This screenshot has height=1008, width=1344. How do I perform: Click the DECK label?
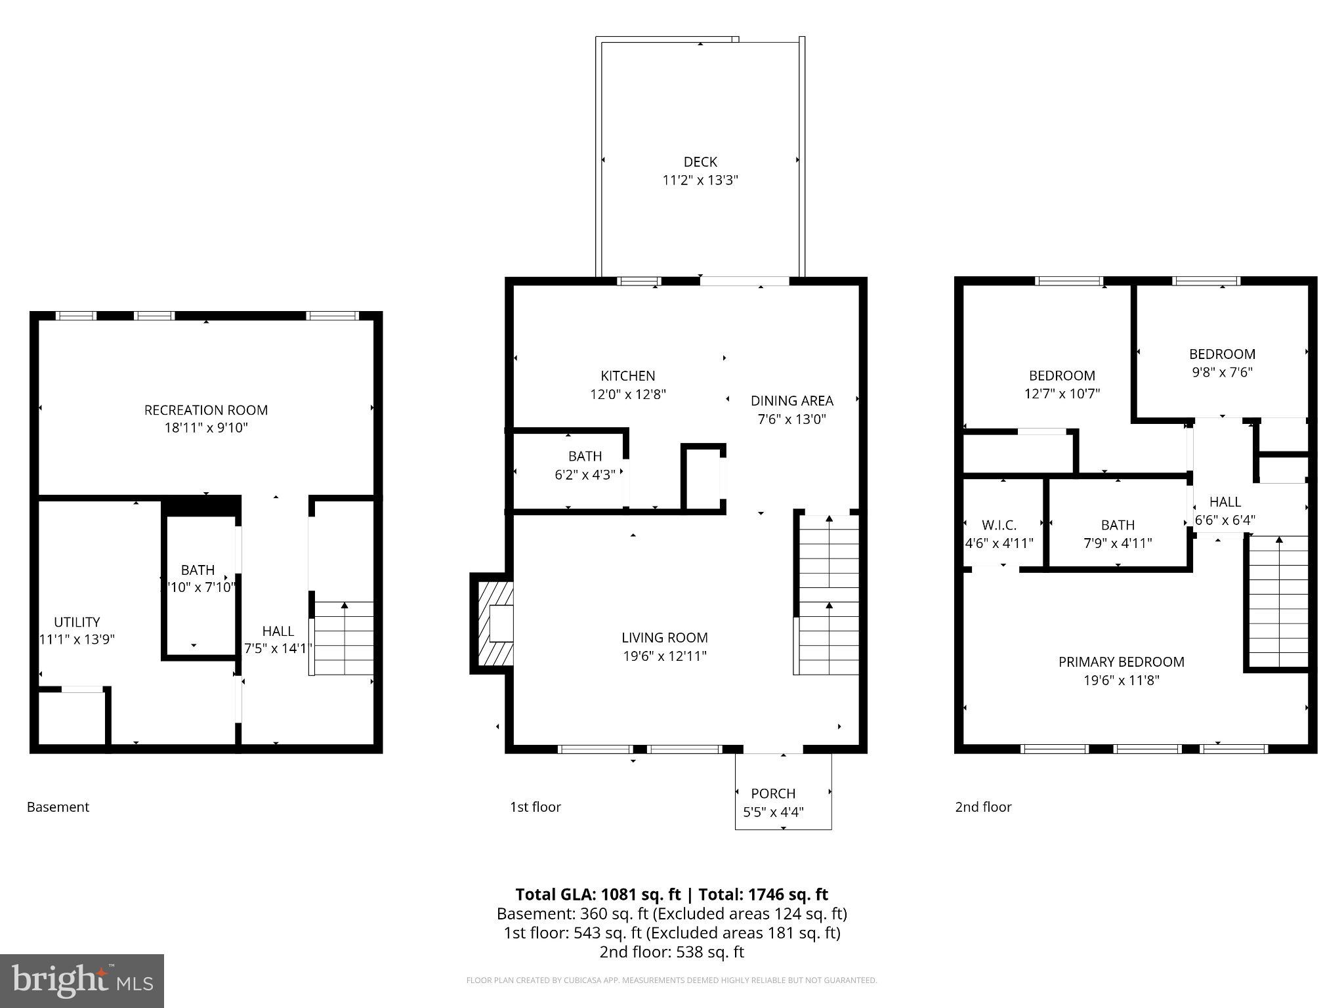pos(700,161)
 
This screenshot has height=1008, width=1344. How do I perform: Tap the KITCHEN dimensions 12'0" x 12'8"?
pos(627,394)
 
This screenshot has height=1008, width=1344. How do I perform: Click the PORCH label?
pos(773,793)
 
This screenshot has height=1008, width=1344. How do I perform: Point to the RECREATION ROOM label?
pos(206,410)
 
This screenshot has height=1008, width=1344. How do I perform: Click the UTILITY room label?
pos(77,621)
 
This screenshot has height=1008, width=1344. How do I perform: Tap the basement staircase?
pos(343,639)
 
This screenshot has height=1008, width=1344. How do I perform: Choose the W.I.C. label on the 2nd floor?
pos(999,525)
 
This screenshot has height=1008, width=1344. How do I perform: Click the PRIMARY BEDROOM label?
pos(1121,661)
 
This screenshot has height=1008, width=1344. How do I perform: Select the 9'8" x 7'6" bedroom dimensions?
pos(1222,372)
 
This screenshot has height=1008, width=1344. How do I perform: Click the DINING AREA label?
pos(791,400)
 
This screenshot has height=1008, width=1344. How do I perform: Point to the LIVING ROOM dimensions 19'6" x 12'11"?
pos(664,656)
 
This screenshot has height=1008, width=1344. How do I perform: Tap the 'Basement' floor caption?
pos(58,807)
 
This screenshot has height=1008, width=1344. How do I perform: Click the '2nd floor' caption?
pos(982,807)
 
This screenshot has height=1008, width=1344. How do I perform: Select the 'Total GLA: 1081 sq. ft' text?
pos(598,894)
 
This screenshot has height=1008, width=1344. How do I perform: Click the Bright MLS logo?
pos(81,980)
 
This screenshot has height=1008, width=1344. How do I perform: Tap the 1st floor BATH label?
pos(585,456)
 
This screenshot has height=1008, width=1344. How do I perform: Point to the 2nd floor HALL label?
pos(1225,501)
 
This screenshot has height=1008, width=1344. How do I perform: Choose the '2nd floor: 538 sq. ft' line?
pos(671,952)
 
